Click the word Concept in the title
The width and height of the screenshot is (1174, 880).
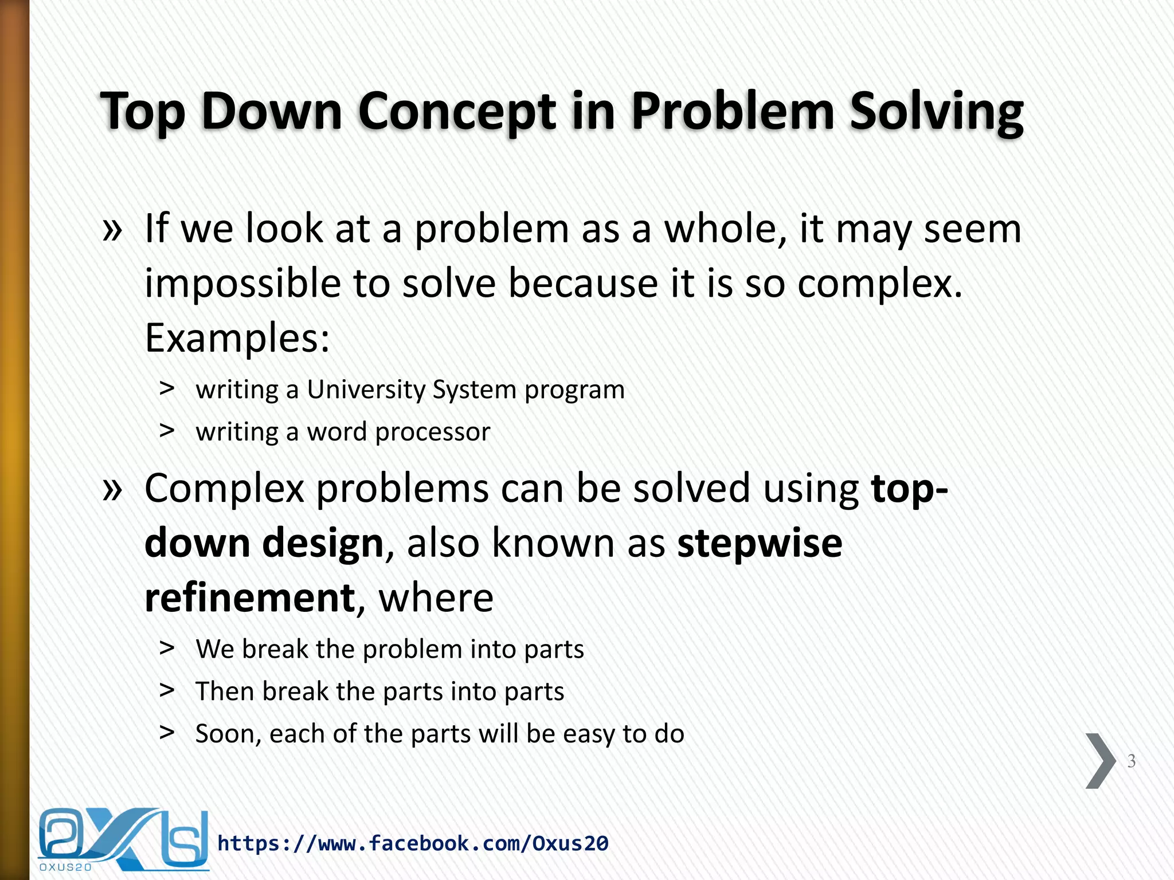[457, 111]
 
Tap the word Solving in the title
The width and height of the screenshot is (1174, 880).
[936, 111]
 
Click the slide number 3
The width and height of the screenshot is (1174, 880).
[1131, 761]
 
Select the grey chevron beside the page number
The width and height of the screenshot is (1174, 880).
[1100, 761]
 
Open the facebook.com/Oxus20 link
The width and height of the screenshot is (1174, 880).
[413, 843]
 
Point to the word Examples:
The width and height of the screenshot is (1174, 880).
[237, 338]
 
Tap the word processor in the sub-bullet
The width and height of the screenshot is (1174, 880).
[433, 432]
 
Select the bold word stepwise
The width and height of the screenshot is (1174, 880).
[760, 543]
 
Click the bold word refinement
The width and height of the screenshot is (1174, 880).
[250, 598]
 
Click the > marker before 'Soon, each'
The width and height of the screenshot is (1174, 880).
[167, 732]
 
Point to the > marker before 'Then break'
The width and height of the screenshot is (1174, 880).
[167, 690]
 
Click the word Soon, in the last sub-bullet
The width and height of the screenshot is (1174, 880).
[228, 734]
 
